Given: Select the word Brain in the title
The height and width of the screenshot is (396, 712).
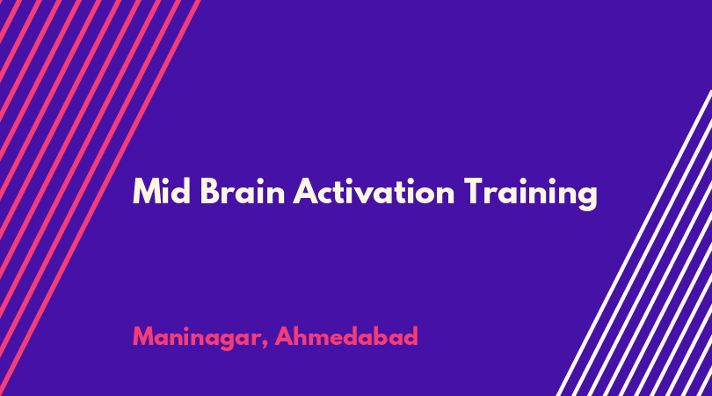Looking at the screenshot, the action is click(243, 191).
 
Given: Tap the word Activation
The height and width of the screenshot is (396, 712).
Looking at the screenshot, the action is click(374, 191).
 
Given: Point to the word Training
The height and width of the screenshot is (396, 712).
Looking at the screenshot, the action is click(530, 194).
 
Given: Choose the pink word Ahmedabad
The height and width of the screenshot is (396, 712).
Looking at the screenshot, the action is click(346, 336).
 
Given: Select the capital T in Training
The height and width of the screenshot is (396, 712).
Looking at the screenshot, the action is click(474, 191).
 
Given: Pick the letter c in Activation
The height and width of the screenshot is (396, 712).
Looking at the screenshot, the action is click(324, 195).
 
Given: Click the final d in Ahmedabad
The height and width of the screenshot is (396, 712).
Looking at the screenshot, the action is click(410, 336).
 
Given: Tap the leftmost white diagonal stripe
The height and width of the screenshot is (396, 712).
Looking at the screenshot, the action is click(635, 242).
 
